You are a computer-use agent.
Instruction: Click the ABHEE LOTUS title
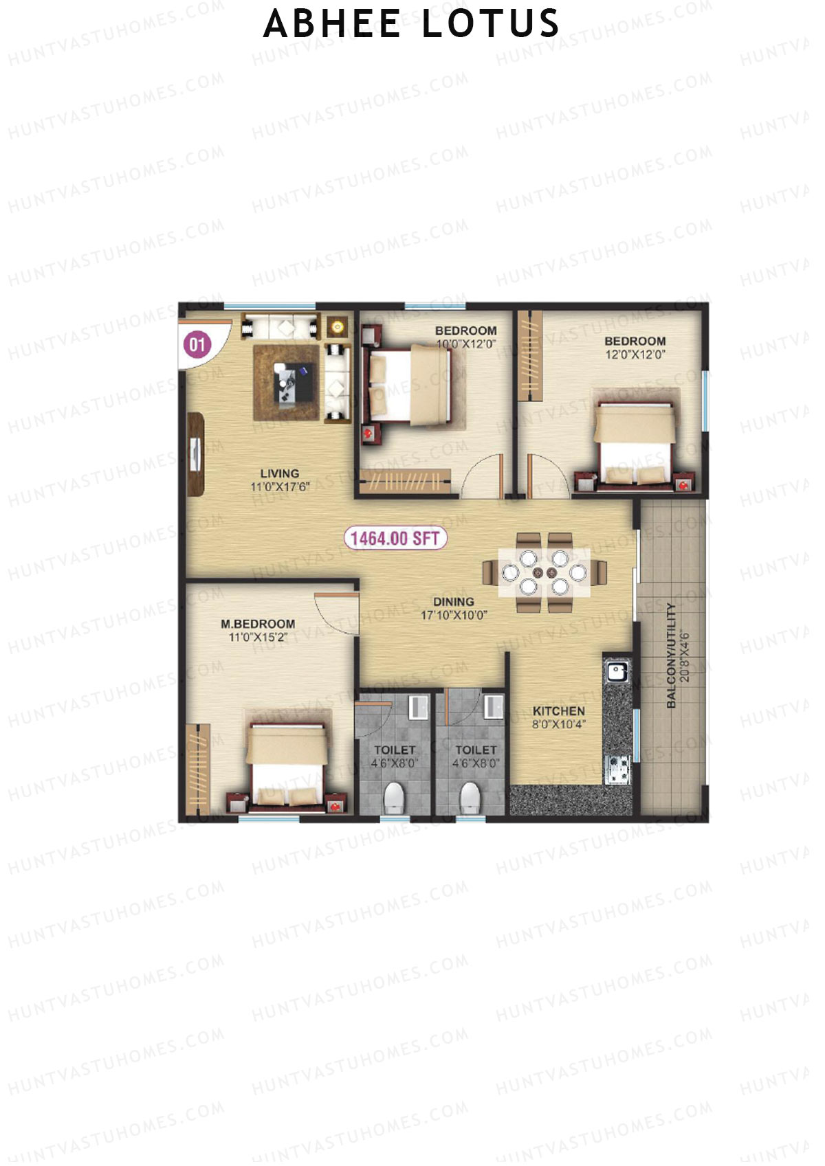(411, 24)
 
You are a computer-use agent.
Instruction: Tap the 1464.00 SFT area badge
(395, 538)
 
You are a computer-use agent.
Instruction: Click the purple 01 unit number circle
(197, 344)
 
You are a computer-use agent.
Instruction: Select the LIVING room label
(279, 473)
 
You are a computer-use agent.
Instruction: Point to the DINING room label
(453, 602)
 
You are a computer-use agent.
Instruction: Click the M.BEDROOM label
(258, 624)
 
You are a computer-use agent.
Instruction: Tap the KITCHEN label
(559, 711)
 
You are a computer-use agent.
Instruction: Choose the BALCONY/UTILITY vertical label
(672, 655)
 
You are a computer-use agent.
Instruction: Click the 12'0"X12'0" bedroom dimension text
(635, 355)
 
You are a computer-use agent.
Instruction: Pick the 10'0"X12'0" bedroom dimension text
(465, 344)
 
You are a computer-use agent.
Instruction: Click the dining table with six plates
(544, 572)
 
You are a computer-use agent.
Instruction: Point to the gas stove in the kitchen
(616, 769)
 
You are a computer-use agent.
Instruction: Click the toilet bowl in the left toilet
(393, 798)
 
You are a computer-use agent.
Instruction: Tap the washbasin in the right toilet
(493, 706)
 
